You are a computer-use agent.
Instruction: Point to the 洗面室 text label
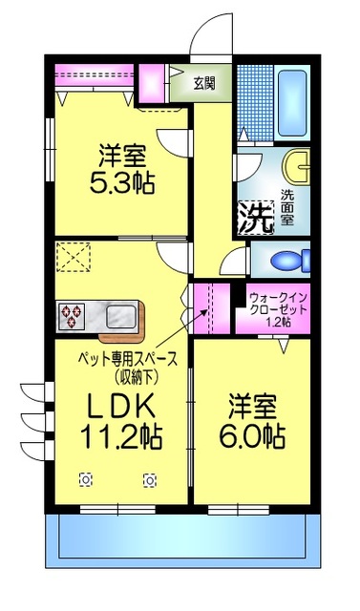pos(287,208)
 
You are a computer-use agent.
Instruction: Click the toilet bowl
pos(286,260)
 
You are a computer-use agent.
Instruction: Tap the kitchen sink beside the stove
pos(123,315)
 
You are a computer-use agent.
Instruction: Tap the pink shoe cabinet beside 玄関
pos(151,83)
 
